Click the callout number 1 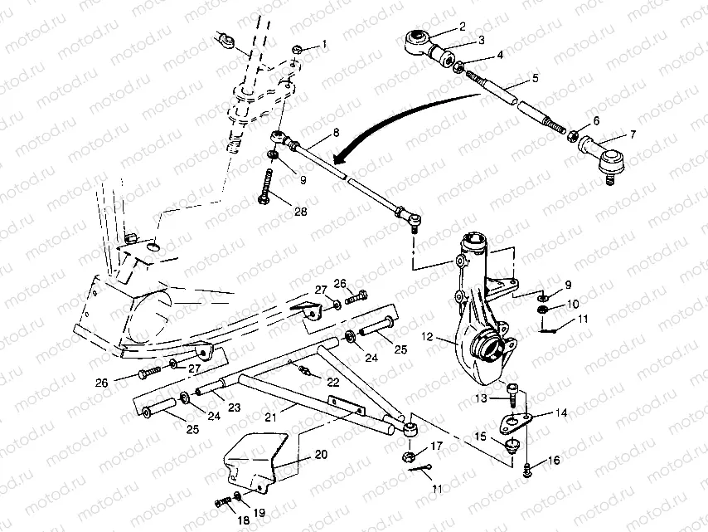(x=323, y=44)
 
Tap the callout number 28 (x=301, y=212)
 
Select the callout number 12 (x=427, y=337)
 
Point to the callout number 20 (x=321, y=454)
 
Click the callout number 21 (x=270, y=417)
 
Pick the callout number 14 (x=561, y=412)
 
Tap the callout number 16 (x=554, y=460)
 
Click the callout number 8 (x=336, y=133)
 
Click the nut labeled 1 (x=297, y=49)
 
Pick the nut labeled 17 (x=408, y=456)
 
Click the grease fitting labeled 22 (x=304, y=371)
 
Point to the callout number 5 (x=535, y=78)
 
